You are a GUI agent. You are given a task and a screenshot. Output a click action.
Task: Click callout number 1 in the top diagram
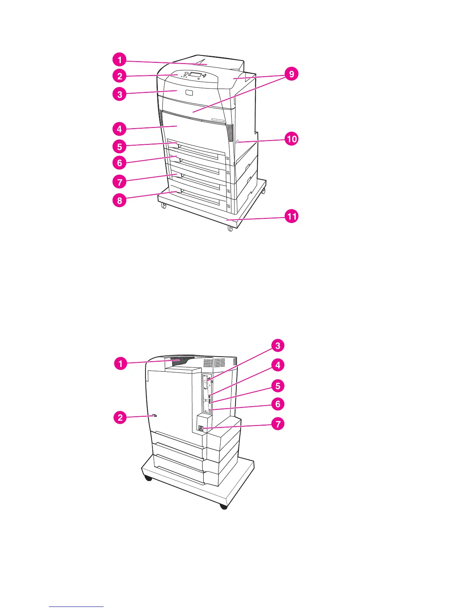pyautogui.click(x=120, y=60)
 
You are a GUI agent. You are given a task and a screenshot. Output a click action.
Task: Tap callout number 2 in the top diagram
pyautogui.click(x=120, y=76)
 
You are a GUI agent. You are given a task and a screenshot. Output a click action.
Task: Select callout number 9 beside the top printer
pyautogui.click(x=291, y=74)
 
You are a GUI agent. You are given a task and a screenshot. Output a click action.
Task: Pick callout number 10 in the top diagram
pyautogui.click(x=292, y=138)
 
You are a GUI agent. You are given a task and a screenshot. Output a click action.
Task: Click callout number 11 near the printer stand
pyautogui.click(x=292, y=216)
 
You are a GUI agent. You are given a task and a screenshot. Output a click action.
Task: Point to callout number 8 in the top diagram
pyautogui.click(x=120, y=200)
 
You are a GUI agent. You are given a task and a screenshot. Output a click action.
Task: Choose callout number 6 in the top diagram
pyautogui.click(x=120, y=163)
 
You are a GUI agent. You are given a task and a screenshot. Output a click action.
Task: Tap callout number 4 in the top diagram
pyautogui.click(x=120, y=129)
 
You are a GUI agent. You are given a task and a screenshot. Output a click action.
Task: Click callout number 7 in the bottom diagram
pyautogui.click(x=277, y=424)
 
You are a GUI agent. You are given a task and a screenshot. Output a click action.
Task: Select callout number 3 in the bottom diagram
pyautogui.click(x=277, y=345)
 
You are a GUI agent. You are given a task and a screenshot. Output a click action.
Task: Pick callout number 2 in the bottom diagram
pyautogui.click(x=120, y=417)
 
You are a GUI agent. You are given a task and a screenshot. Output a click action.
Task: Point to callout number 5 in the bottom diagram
pyautogui.click(x=277, y=385)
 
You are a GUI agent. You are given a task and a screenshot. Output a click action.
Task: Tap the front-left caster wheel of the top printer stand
pyautogui.click(x=163, y=206)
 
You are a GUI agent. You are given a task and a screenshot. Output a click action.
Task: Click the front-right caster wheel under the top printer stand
pyautogui.click(x=230, y=229)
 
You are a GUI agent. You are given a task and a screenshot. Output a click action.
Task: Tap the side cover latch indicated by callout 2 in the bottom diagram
pyautogui.click(x=155, y=416)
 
